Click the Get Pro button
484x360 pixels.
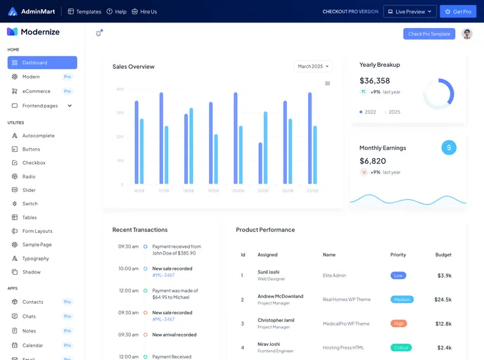(458, 11)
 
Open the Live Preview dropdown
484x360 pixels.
(409, 11)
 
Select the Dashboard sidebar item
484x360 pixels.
(42, 63)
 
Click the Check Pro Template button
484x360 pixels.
(429, 34)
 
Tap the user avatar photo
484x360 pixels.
(467, 34)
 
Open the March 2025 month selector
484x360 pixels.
(313, 66)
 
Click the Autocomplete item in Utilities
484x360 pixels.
(38, 136)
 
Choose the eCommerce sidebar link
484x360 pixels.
(36, 91)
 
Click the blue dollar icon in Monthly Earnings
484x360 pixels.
(449, 148)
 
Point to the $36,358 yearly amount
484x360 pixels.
(375, 80)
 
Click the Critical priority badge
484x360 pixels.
(401, 347)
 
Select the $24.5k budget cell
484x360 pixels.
(443, 300)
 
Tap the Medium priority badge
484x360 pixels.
(402, 300)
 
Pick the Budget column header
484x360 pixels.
(443, 255)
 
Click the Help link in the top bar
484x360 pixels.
(117, 11)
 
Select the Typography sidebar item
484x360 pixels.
(35, 258)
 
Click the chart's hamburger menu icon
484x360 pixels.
(327, 83)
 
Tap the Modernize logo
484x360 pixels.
(33, 32)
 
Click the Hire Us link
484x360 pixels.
(144, 11)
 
